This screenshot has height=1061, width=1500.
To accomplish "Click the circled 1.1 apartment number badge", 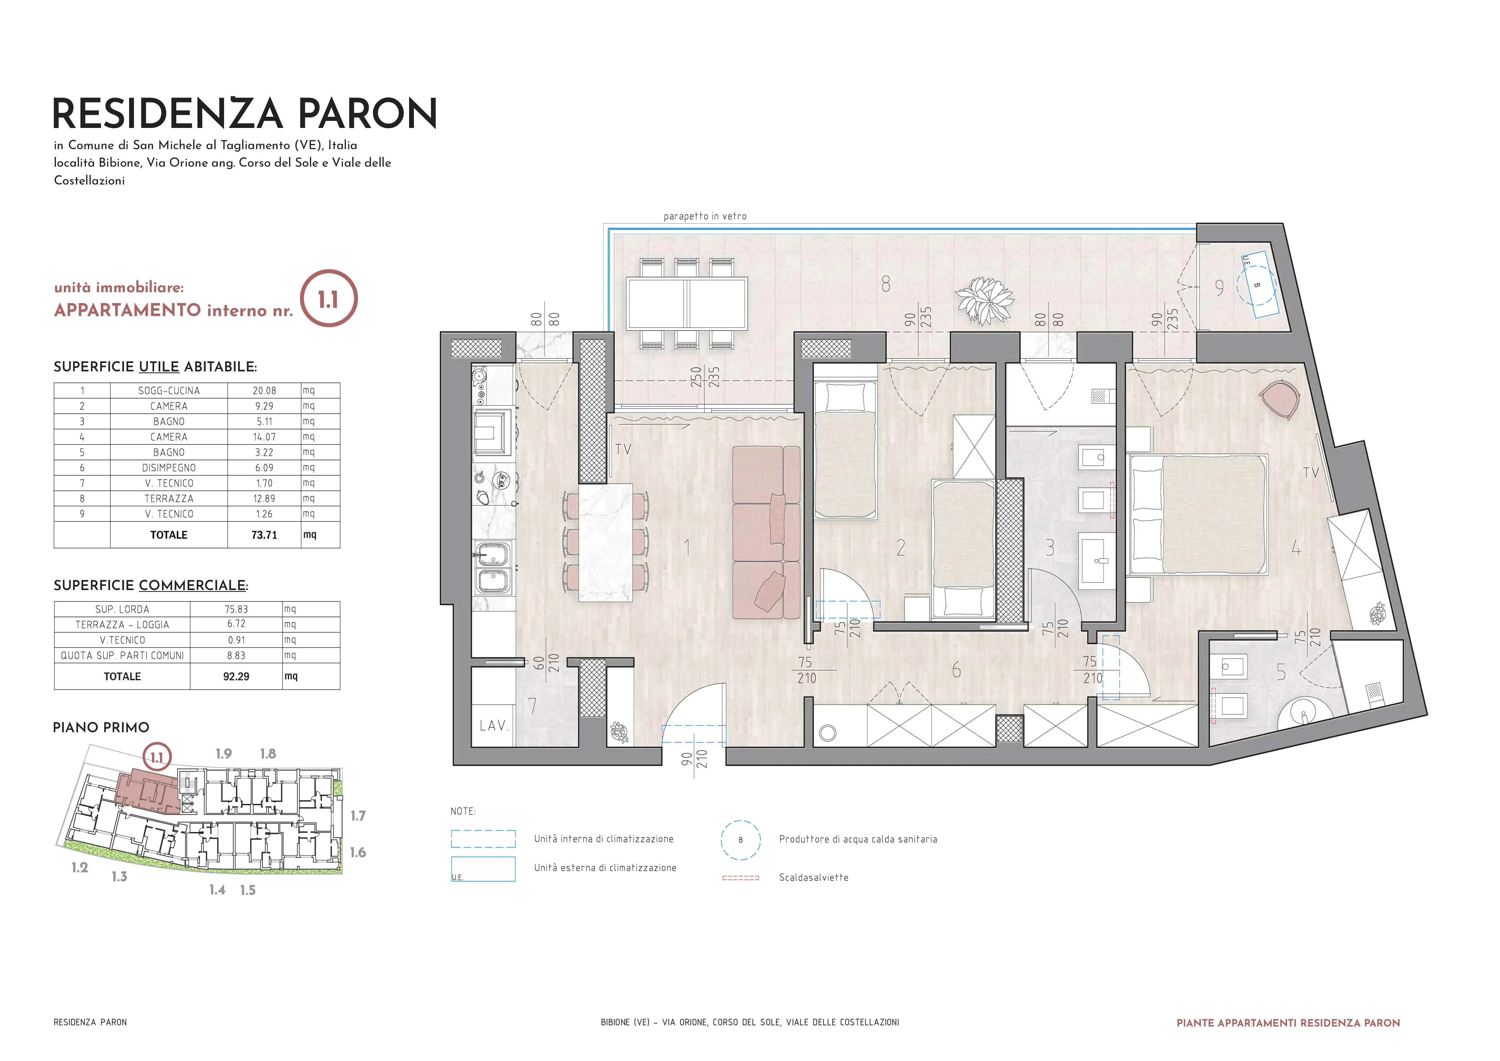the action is click(329, 299).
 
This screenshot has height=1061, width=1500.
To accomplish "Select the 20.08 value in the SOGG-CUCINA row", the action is click(265, 391).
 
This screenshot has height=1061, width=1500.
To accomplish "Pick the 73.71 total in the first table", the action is click(265, 535).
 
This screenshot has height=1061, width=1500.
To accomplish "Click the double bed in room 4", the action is click(1198, 515).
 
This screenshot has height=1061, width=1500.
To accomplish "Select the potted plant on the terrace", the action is click(984, 300).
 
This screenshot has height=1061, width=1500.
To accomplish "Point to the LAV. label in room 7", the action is click(494, 726).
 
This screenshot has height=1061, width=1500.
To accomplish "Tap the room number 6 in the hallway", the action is click(956, 670).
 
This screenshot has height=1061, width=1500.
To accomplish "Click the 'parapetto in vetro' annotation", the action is click(705, 216).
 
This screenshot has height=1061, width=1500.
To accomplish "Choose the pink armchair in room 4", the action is click(1279, 400).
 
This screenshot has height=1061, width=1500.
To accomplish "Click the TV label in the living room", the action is click(623, 449).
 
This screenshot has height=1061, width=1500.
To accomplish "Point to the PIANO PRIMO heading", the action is click(101, 728).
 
